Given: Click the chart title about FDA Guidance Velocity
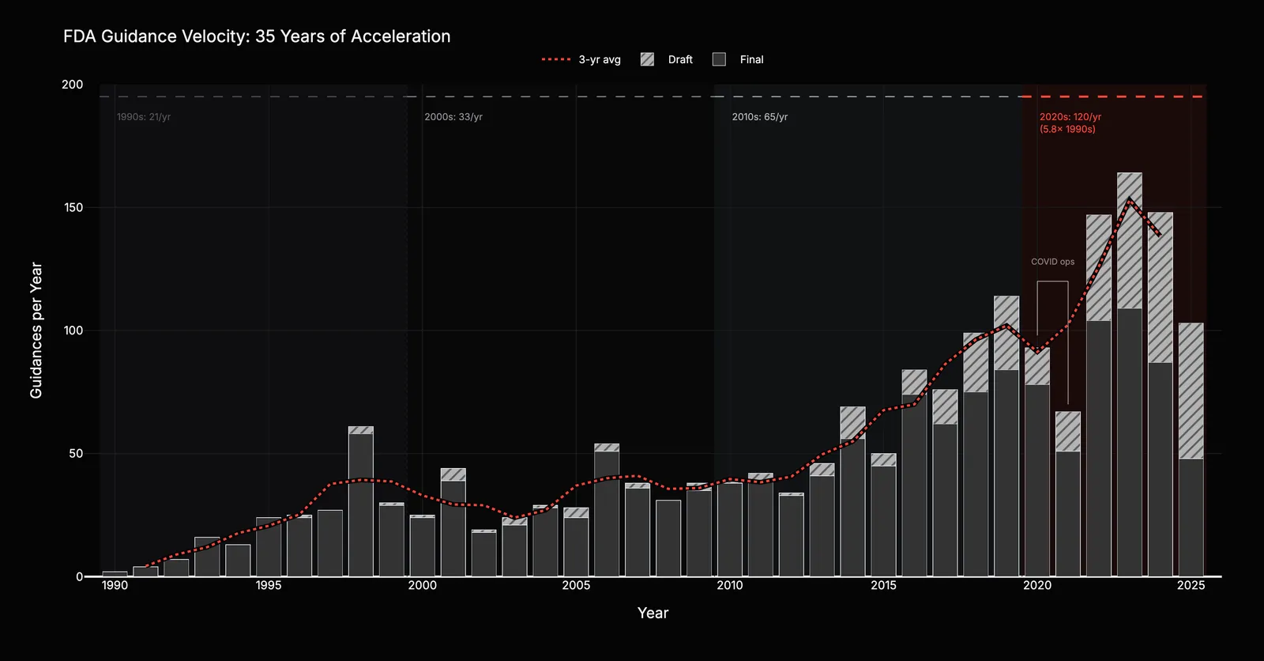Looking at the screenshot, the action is [257, 36].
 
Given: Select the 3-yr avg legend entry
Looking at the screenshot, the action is [581, 59].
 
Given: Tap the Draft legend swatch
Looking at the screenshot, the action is [647, 59].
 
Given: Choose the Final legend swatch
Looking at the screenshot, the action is [719, 59].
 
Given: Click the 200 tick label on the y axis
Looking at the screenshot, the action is [72, 85].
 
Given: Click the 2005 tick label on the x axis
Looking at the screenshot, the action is [576, 585].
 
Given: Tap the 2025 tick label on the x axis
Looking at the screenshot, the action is [1191, 585].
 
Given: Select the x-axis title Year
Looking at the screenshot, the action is [653, 613].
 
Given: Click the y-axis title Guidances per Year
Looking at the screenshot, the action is [36, 330].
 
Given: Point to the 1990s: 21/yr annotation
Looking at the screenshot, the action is [143, 117].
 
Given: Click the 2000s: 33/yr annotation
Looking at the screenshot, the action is [453, 117].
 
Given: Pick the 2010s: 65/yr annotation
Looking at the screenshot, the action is [759, 117].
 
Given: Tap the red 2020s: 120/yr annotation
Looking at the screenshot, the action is [1070, 123].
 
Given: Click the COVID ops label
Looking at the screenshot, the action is [1052, 262].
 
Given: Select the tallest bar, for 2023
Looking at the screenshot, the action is [1129, 375].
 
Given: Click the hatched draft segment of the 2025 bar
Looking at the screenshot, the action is [1191, 391].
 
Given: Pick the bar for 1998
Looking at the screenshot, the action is [360, 502].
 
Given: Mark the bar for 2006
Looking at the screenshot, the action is [607, 510].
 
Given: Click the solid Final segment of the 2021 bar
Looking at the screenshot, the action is [1067, 514].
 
